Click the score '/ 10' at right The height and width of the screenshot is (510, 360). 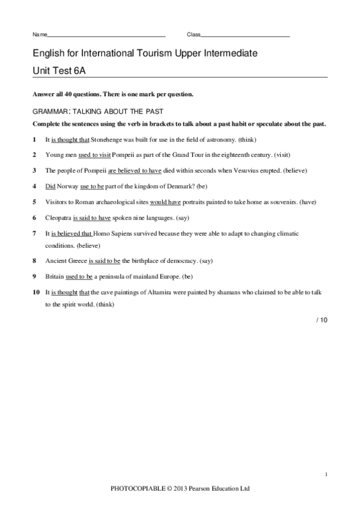click(322, 321)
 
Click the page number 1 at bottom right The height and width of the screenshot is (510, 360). click(325, 475)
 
